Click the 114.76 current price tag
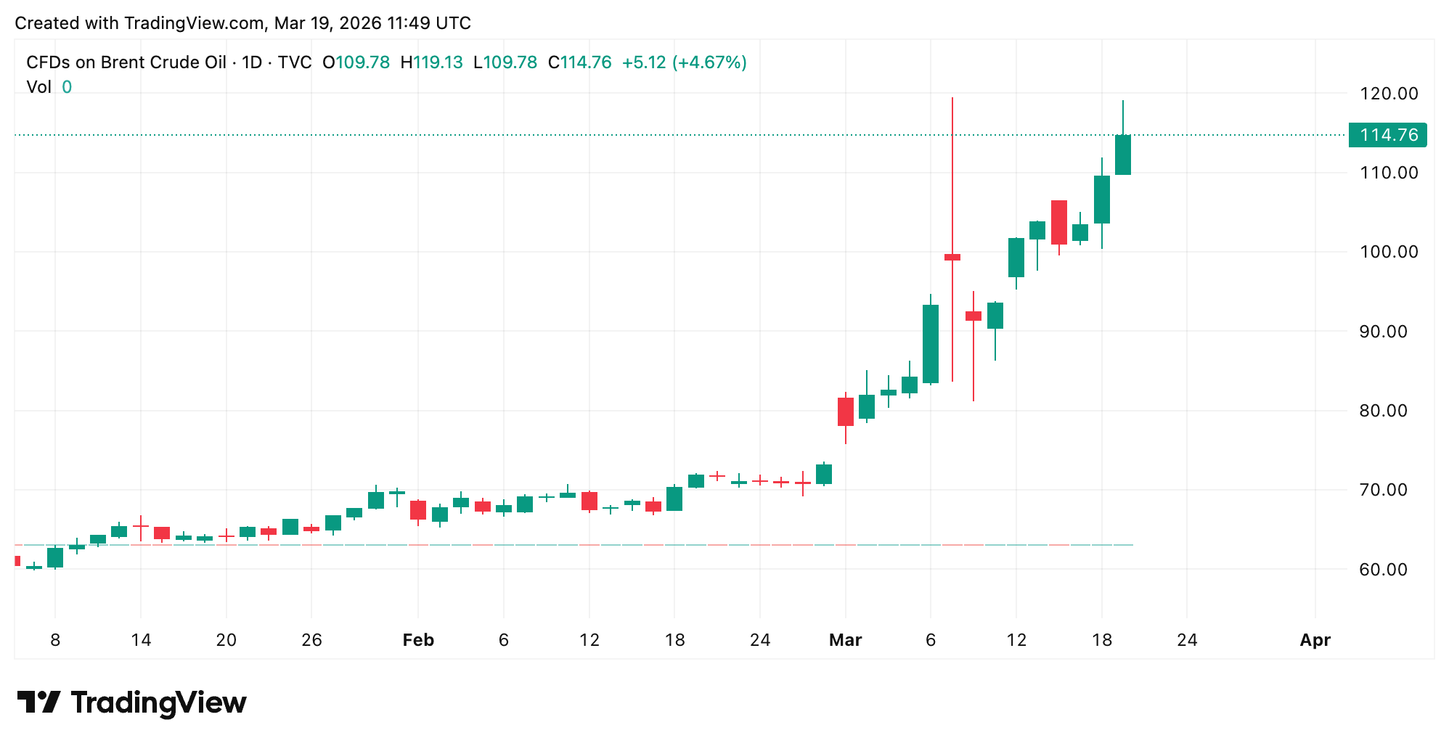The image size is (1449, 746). [1387, 135]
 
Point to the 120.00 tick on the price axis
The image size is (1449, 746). [1388, 94]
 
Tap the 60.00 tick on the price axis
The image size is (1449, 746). [1388, 570]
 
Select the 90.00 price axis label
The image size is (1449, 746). [1388, 332]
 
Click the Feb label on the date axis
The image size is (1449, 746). [418, 640]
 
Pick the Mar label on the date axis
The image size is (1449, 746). [845, 640]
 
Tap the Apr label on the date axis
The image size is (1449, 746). [1315, 640]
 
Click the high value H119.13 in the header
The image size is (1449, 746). [431, 62]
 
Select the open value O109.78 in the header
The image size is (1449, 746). [356, 62]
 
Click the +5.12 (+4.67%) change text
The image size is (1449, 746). [684, 62]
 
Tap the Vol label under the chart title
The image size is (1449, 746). [39, 87]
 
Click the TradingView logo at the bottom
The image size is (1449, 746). [131, 702]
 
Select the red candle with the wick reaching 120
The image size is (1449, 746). [952, 257]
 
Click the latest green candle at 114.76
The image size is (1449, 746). [1123, 155]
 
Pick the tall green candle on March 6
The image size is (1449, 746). [931, 344]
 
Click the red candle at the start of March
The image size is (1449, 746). [846, 411]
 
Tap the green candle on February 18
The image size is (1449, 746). [674, 499]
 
